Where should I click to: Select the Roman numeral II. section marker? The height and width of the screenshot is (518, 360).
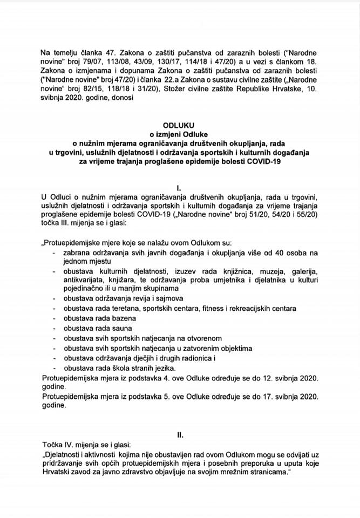coord(180,432)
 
